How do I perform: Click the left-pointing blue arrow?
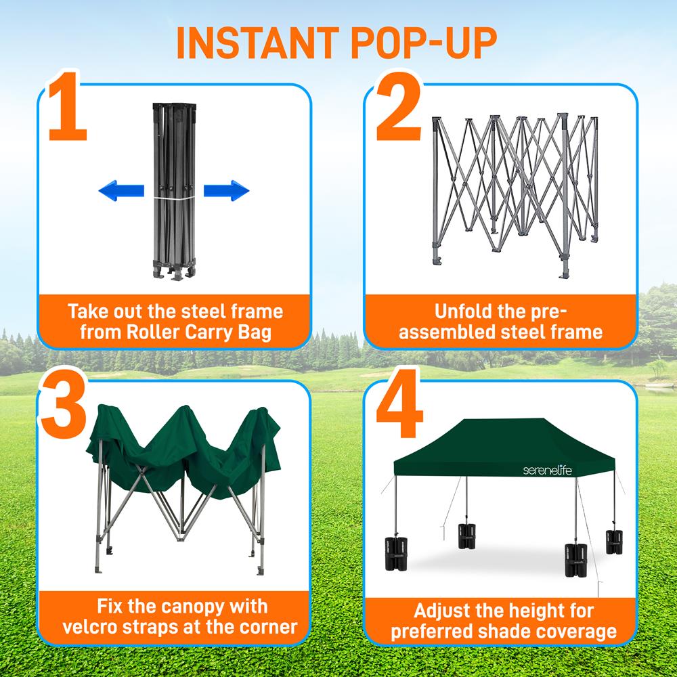[x=121, y=191]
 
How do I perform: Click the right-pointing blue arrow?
[x=227, y=191]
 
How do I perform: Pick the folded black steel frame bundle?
[x=173, y=190]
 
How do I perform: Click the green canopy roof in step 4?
[x=501, y=447]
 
